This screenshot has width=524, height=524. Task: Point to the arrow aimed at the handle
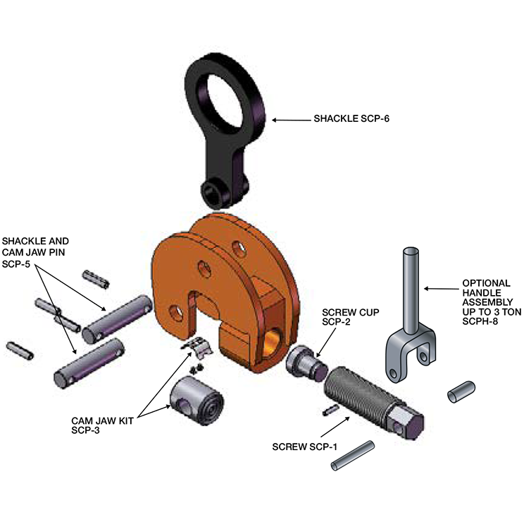[x=440, y=287]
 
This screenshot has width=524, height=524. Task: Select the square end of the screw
[x=408, y=421]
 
